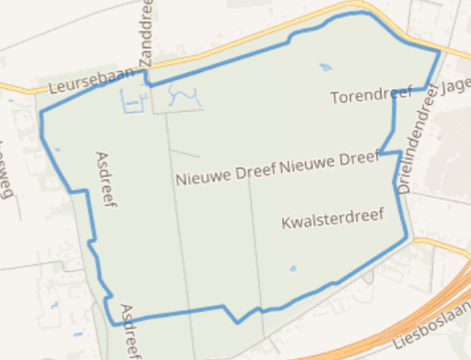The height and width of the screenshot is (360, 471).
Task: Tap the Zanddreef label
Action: tap(145, 35)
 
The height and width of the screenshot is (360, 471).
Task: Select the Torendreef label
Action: tap(371, 94)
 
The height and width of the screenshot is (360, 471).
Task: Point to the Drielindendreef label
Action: tap(415, 140)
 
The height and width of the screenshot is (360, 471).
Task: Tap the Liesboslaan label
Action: tap(431, 330)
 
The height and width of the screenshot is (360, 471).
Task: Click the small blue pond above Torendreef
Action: tap(325, 66)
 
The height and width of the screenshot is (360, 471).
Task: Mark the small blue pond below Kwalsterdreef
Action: tap(293, 269)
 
